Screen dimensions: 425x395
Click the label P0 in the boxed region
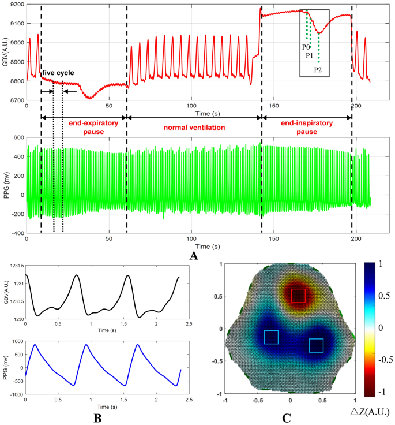pyautogui.click(x=305, y=47)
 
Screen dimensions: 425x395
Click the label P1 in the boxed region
pyautogui.click(x=309, y=56)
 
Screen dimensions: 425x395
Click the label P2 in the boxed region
pyautogui.click(x=318, y=70)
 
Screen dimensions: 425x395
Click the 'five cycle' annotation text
pyautogui.click(x=57, y=73)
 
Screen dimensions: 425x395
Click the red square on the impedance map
pyautogui.click(x=298, y=296)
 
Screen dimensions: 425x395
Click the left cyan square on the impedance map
pyautogui.click(x=271, y=337)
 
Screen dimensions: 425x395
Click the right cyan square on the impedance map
pyautogui.click(x=316, y=345)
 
